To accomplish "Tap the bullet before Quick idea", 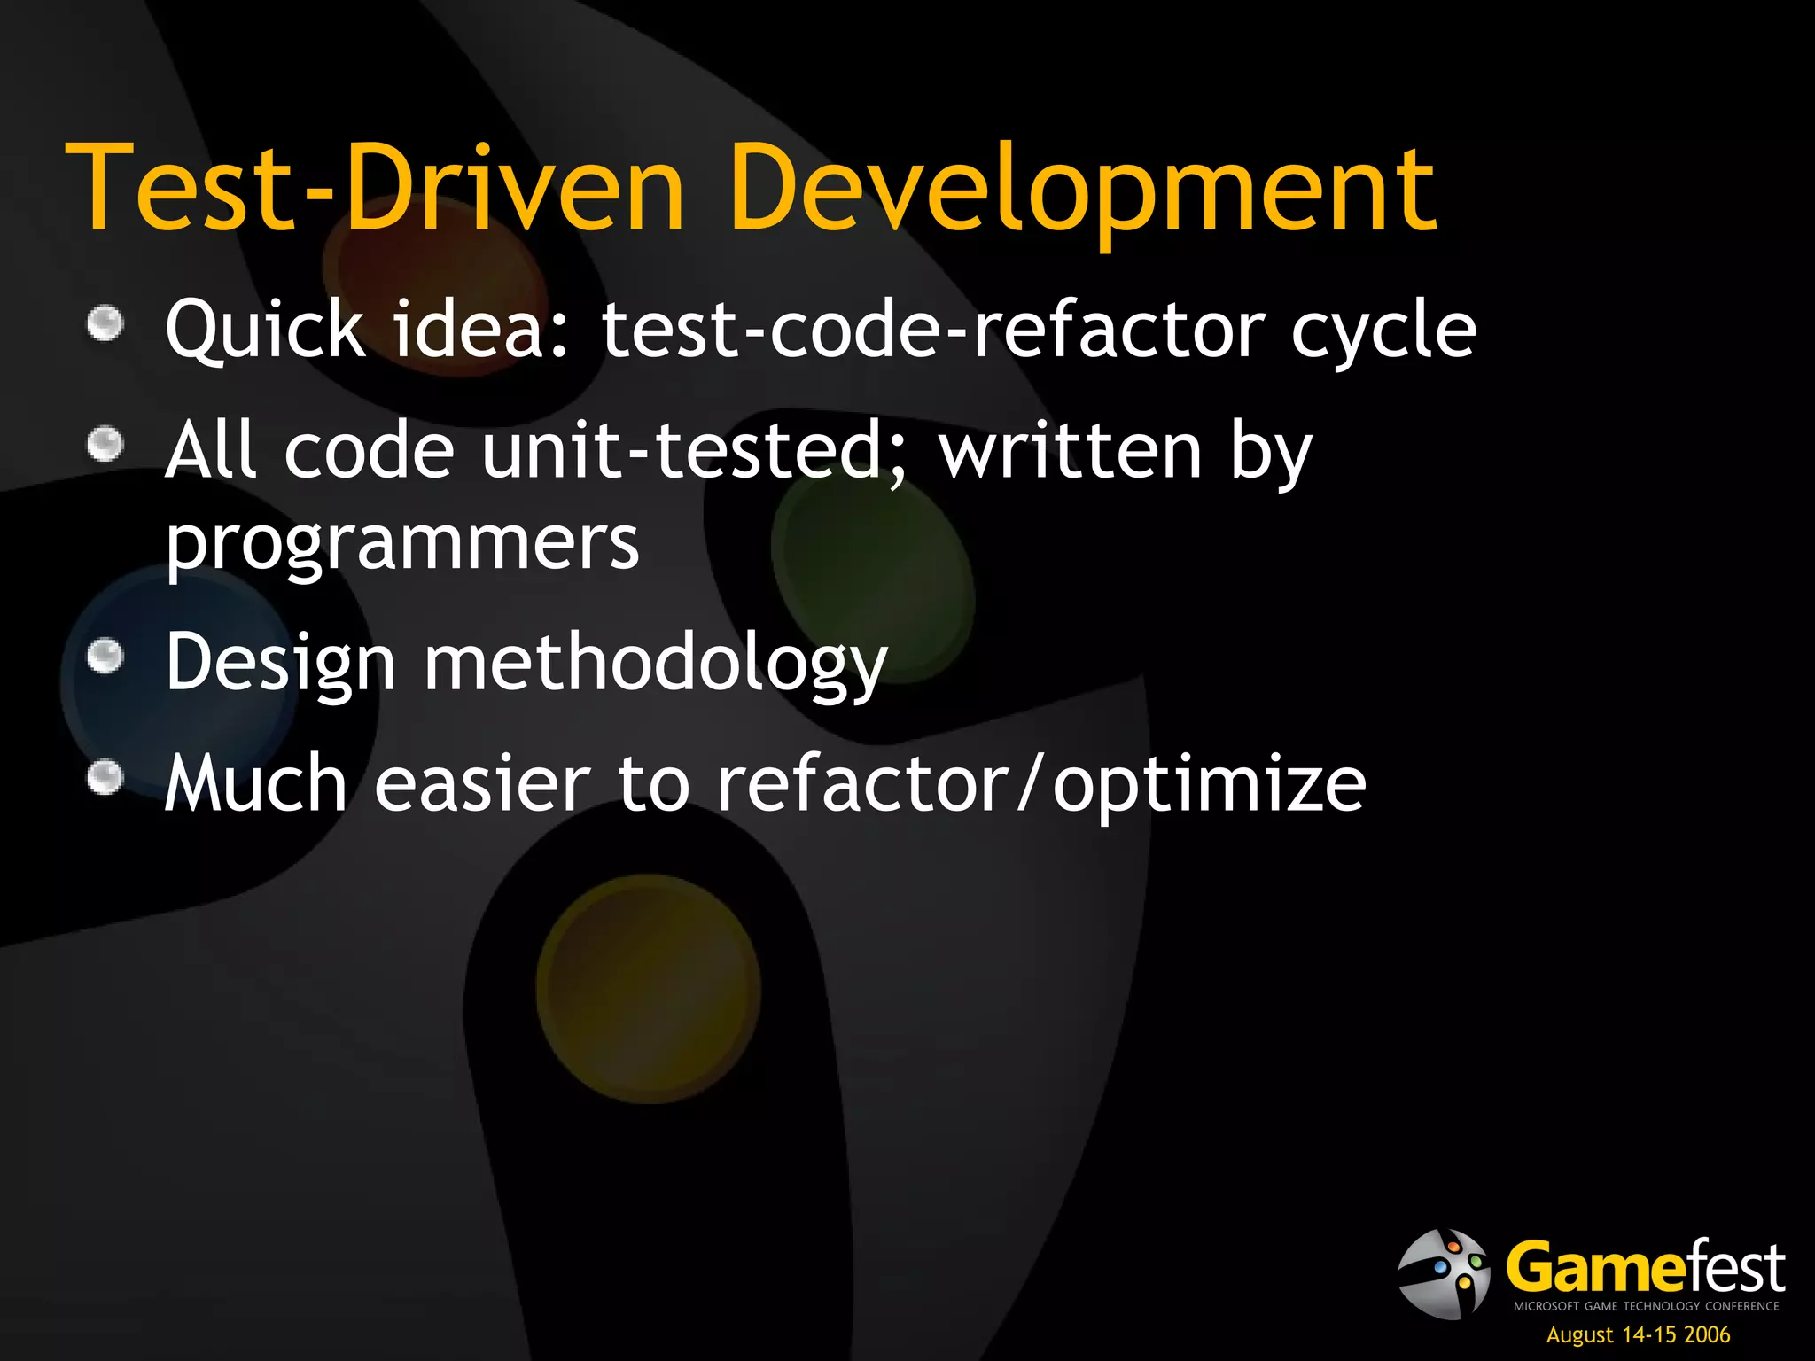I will click(106, 323).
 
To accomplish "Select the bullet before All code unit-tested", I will click(106, 443).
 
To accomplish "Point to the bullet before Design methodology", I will click(106, 657).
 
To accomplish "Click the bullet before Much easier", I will click(106, 778).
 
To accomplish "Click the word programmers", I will click(402, 543).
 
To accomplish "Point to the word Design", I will click(281, 663).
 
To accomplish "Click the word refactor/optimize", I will click(1040, 784).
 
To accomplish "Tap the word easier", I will click(482, 784).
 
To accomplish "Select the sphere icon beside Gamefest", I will click(1443, 1273).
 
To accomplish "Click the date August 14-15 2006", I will click(1638, 1334).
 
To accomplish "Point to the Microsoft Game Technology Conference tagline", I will click(1646, 1306).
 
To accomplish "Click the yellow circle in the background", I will click(648, 988).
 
